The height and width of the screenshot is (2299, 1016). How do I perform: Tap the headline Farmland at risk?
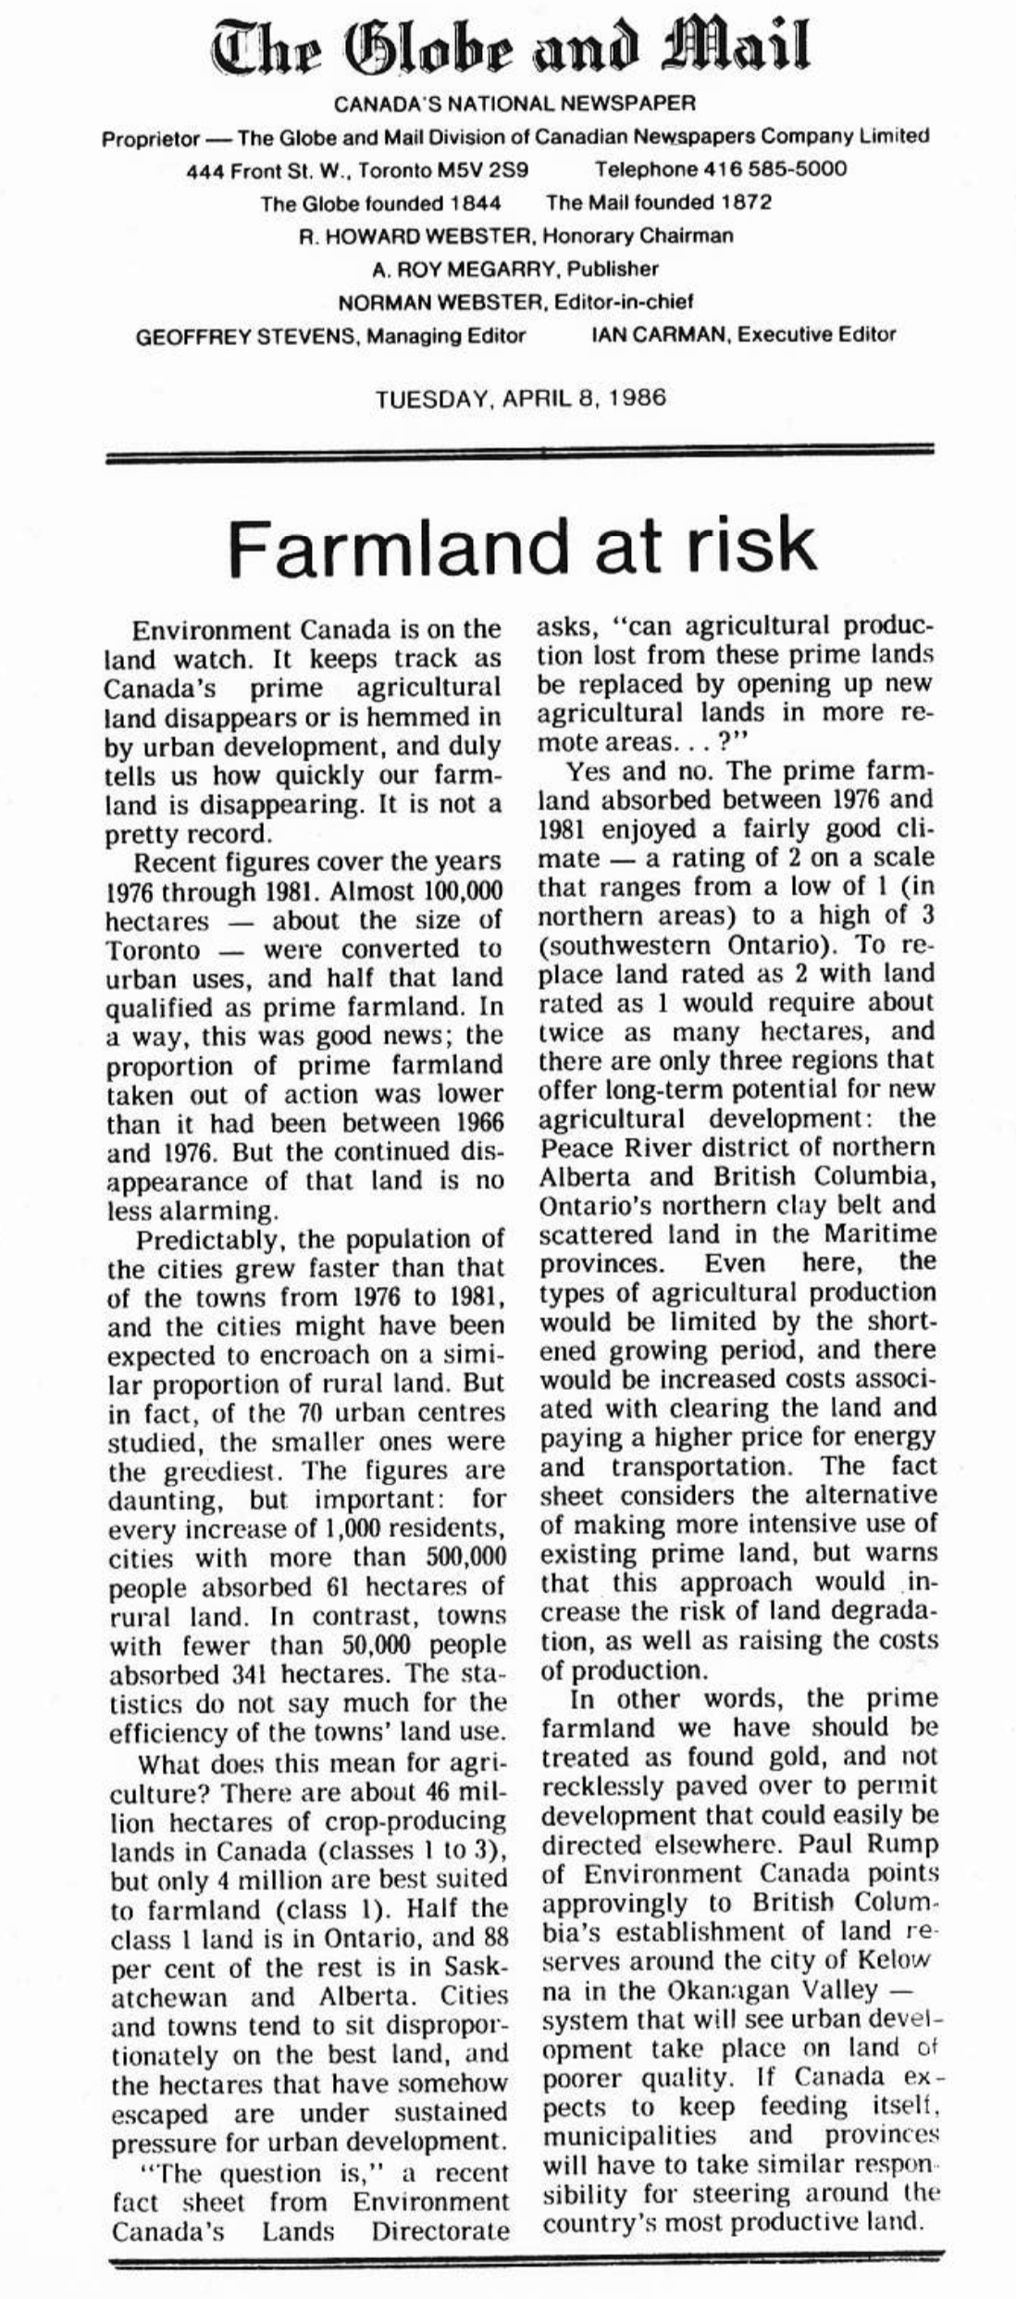coord(522,545)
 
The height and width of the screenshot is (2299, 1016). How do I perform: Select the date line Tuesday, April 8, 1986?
coord(520,399)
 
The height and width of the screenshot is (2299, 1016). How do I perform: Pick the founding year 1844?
coord(472,203)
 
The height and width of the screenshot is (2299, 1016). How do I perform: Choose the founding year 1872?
coord(740,203)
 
